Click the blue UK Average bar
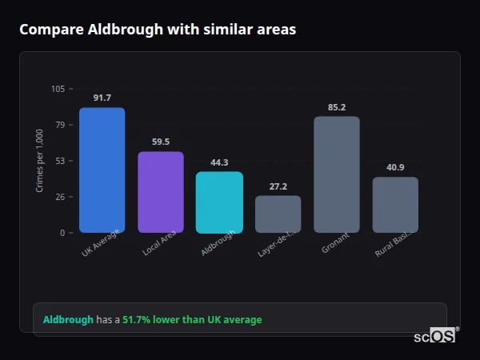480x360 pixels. pos(102,170)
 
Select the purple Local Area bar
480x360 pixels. pos(160,192)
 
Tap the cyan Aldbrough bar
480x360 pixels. pos(219,202)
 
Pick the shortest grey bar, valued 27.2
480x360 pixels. pos(278,214)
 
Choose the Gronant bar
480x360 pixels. pos(336,174)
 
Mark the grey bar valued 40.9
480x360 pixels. pos(395,205)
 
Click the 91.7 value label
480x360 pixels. pos(102,98)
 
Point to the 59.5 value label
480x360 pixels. pos(160,142)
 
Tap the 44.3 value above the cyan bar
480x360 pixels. pos(219,162)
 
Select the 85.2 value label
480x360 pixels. pos(336,106)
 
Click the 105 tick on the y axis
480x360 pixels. pos(58,89)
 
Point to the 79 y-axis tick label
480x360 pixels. pos(61,125)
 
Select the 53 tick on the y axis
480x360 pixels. pos(61,161)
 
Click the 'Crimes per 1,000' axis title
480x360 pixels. pos(40,161)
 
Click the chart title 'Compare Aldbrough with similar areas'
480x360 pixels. pos(158,30)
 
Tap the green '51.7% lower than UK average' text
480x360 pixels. pos(192,320)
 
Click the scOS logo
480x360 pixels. pos(434,336)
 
